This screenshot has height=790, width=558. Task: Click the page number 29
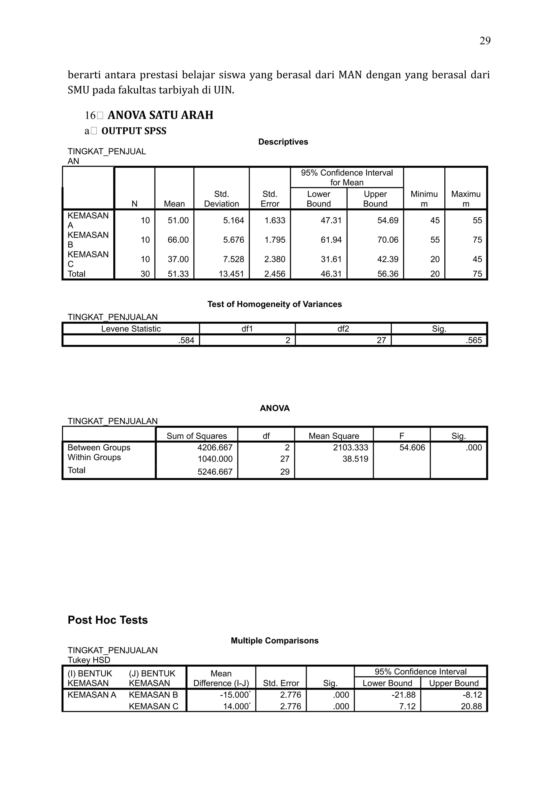point(485,41)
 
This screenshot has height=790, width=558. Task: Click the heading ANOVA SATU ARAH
point(160,115)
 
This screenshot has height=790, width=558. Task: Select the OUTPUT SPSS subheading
point(134,131)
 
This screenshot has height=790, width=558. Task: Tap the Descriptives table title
point(283,142)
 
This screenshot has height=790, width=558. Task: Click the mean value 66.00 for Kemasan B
point(178,240)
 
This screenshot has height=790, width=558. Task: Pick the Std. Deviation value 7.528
point(233,259)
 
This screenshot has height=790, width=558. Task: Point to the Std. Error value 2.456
point(275,274)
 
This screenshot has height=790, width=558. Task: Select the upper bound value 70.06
point(387,240)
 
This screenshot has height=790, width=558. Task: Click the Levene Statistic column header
point(131,328)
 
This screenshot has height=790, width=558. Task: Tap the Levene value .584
point(186,340)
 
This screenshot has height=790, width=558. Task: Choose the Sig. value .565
point(474,340)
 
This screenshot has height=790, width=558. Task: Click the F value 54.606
point(412,447)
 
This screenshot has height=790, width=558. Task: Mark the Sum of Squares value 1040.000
point(215,459)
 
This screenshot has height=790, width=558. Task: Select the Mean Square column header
point(333,436)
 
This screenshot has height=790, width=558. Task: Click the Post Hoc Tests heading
point(108,620)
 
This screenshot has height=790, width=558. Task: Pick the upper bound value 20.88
point(471,706)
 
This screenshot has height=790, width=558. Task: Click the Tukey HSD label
point(89,660)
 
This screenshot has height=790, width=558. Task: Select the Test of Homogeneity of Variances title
point(274,304)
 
